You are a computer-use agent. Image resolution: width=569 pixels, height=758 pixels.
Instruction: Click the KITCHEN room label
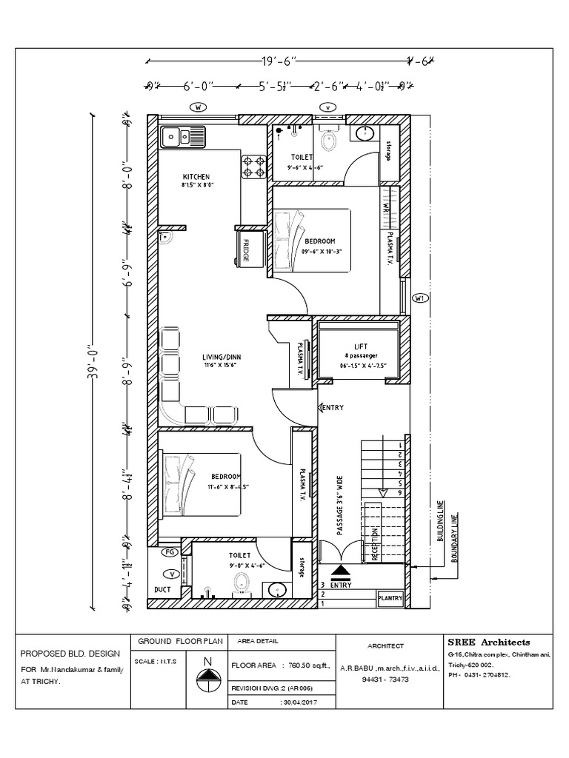click(197, 176)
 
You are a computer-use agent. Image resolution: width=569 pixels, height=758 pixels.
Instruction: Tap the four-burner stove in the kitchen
click(254, 167)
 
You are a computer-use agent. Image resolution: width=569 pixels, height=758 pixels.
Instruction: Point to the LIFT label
click(361, 346)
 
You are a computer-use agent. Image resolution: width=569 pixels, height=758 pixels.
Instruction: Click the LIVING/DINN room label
click(222, 357)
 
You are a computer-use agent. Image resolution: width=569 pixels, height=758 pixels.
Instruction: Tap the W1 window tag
click(419, 298)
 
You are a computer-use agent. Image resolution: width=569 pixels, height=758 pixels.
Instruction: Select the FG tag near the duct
click(169, 551)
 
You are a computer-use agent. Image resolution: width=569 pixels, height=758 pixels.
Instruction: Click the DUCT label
click(162, 590)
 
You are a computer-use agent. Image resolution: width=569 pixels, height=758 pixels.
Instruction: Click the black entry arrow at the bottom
click(340, 571)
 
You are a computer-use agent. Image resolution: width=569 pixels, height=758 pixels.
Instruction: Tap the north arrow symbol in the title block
click(208, 674)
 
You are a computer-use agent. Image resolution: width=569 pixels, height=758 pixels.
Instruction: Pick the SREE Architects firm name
click(489, 642)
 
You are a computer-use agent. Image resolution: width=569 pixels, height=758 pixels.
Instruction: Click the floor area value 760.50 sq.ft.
click(309, 665)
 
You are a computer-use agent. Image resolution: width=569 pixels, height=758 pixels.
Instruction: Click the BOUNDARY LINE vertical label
click(453, 537)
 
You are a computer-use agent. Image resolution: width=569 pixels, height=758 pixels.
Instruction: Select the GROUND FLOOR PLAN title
click(171, 641)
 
